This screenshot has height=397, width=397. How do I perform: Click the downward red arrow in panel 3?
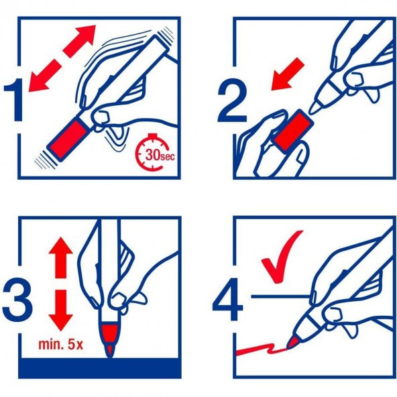pyautogui.click(x=60, y=308)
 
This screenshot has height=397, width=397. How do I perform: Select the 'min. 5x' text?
pyautogui.click(x=60, y=345)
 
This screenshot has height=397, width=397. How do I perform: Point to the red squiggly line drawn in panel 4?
pyautogui.click(x=258, y=349)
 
